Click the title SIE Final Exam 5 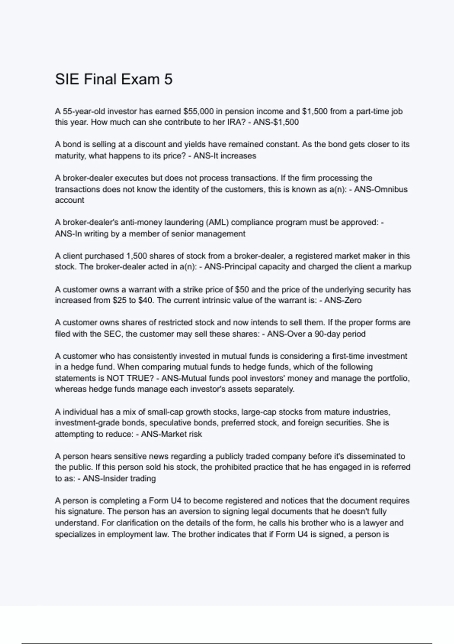(113, 79)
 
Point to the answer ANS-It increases (225, 156)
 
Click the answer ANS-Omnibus (381, 189)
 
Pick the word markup (397, 267)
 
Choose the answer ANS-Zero (343, 300)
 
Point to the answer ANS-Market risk (171, 434)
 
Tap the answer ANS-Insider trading (119, 478)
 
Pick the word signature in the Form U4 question (85, 512)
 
